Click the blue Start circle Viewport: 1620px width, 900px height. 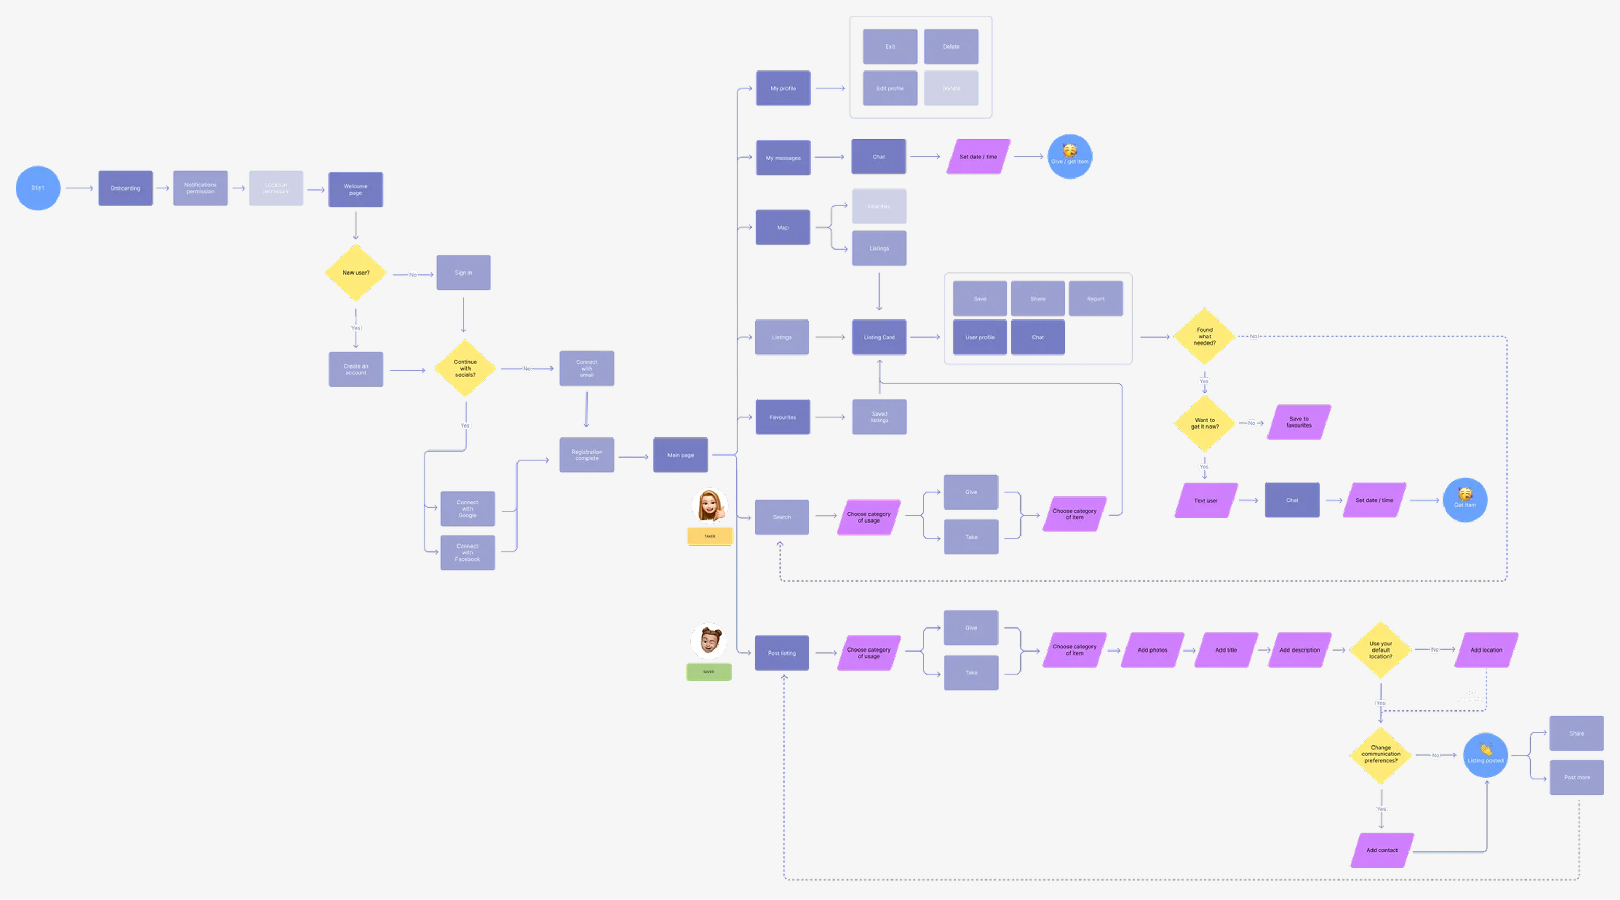(x=38, y=188)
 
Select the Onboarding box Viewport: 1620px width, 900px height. (x=125, y=188)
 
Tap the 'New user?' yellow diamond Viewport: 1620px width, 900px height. (x=356, y=273)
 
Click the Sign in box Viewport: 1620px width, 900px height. (x=463, y=273)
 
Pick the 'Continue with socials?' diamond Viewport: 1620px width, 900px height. (x=465, y=368)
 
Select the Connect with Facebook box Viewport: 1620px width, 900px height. (x=467, y=552)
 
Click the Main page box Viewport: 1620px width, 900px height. (x=680, y=455)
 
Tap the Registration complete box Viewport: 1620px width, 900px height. (x=587, y=455)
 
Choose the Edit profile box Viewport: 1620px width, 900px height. (x=890, y=89)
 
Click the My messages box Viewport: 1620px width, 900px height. (x=783, y=158)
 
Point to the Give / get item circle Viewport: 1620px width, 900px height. (x=1069, y=157)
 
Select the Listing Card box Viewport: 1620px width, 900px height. (x=879, y=337)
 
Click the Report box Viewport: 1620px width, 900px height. (x=1096, y=299)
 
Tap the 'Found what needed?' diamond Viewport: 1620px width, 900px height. (x=1204, y=336)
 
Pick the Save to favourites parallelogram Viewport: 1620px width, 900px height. (x=1299, y=422)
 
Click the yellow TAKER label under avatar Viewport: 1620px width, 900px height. (x=710, y=536)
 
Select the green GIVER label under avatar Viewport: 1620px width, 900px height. (x=709, y=672)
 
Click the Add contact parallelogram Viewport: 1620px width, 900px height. (x=1382, y=850)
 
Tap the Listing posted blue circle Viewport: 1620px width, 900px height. (x=1485, y=755)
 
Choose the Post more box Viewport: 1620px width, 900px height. (x=1577, y=777)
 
